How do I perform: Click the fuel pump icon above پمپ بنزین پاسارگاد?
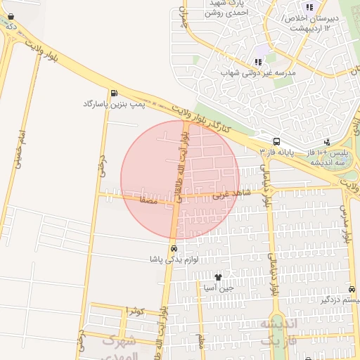point(114,93)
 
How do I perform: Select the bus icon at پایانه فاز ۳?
point(276,141)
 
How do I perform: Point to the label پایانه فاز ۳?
point(276,152)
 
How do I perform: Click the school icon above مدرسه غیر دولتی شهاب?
point(258,62)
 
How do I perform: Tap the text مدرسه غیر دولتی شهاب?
point(259,72)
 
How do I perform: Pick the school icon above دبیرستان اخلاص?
point(309,7)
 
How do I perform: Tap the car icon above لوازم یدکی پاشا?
point(172,248)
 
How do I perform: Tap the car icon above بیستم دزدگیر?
point(352,290)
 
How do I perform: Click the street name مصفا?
point(149,200)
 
